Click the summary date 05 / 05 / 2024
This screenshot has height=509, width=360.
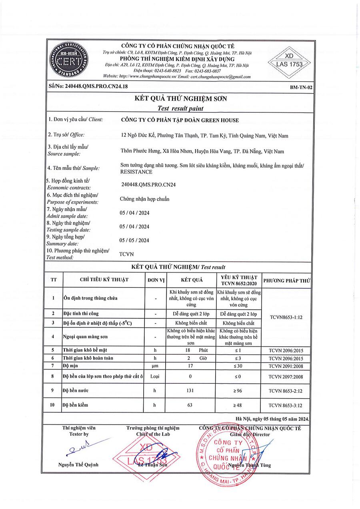135,240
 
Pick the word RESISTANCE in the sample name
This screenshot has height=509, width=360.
136,172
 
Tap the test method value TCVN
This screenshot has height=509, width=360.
127,254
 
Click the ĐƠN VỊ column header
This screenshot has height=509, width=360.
156,280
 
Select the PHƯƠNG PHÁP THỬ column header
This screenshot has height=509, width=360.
287,280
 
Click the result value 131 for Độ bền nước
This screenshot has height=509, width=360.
190,390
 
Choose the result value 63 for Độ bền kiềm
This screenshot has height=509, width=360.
190,405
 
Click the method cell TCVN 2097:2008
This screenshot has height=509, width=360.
286,376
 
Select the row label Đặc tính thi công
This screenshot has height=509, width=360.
80,313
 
